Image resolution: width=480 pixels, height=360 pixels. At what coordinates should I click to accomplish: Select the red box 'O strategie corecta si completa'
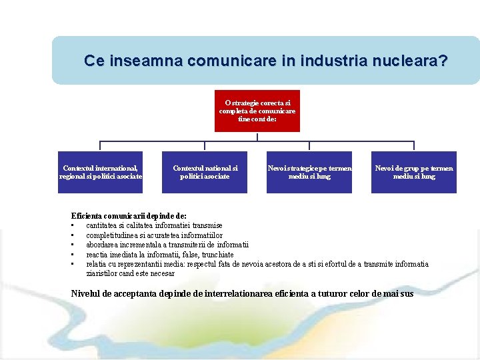(257, 111)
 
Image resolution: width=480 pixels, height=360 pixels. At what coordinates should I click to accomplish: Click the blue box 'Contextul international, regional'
(100, 172)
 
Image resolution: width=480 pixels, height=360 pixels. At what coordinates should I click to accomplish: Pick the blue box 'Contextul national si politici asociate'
(205, 172)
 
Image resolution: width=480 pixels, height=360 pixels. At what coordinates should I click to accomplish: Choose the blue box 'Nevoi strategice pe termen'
(309, 172)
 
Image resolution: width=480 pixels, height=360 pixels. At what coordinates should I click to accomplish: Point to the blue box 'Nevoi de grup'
(414, 172)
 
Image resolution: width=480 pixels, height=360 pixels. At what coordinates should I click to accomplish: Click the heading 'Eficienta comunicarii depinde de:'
(129, 216)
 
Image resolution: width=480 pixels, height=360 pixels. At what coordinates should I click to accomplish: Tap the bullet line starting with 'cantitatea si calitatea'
(154, 225)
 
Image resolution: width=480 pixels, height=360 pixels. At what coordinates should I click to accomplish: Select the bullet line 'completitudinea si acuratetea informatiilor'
(154, 235)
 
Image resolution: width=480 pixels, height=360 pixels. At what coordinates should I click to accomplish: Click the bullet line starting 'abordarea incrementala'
(167, 245)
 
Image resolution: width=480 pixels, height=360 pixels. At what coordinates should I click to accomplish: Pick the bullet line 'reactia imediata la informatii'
(160, 254)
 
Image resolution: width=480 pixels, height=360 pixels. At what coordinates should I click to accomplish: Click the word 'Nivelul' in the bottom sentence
(88, 293)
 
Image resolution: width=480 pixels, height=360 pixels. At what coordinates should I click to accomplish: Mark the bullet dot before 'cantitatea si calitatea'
(73, 225)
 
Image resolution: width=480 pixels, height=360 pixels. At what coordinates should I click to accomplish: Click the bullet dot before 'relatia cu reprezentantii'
(73, 264)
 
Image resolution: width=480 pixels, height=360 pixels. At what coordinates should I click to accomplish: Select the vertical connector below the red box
(257, 137)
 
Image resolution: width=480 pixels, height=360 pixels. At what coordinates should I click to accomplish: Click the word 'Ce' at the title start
(93, 61)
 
